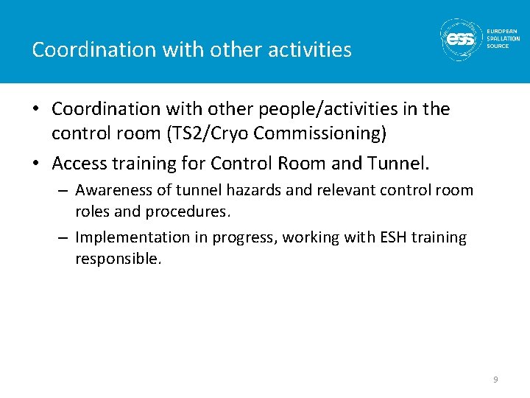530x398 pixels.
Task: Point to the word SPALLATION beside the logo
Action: (503, 38)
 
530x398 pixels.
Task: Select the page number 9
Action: (495, 379)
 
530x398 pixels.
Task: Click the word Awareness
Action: (110, 191)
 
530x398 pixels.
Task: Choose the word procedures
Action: (192, 212)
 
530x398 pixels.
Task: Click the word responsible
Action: (118, 259)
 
